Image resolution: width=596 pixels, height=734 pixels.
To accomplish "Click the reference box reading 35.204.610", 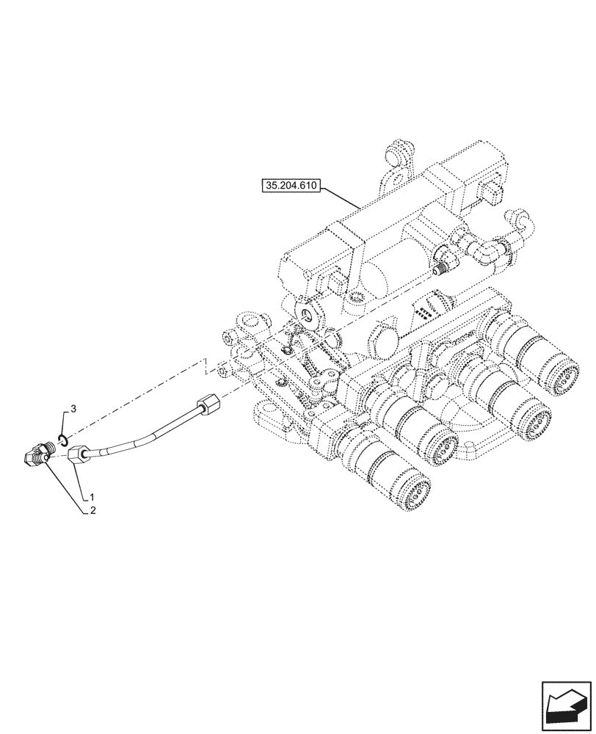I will coord(289,186).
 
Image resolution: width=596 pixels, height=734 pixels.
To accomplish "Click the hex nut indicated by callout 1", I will coord(79,457).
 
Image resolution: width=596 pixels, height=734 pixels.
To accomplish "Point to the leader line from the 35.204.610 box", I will coord(339,197).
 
